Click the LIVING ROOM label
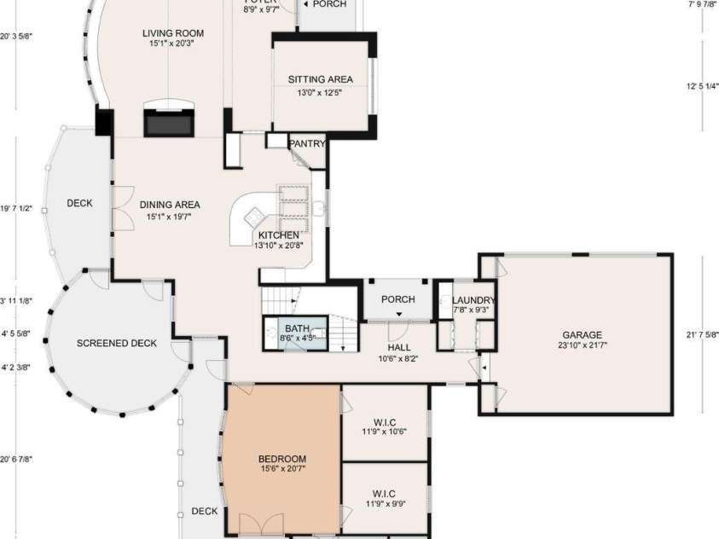(x=173, y=34)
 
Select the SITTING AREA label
(x=320, y=79)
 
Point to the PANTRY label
(x=307, y=144)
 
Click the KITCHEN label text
(x=279, y=235)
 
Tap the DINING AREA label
(x=170, y=205)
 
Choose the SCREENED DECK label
(x=117, y=344)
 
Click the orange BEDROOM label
(x=282, y=459)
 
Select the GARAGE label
(x=583, y=335)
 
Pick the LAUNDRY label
(x=473, y=300)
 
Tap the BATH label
(x=298, y=328)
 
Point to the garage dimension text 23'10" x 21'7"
(x=583, y=345)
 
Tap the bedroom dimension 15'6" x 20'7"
(x=282, y=469)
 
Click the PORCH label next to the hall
(x=398, y=299)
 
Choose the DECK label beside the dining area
(x=79, y=203)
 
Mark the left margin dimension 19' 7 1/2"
(x=16, y=207)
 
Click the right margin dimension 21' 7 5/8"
(x=703, y=335)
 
